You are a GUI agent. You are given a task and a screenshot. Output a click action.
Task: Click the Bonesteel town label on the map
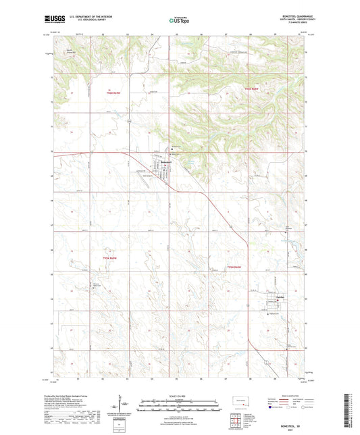pos(168,162)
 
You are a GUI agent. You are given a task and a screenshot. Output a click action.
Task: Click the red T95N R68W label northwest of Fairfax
pos(234,267)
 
